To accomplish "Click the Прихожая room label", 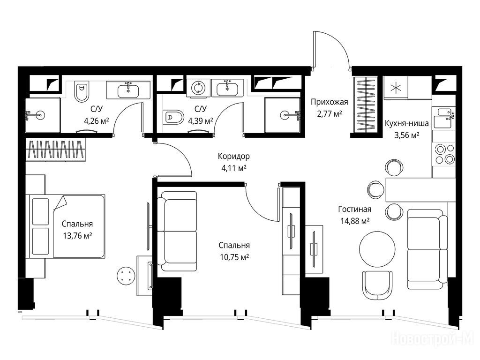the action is [x=330, y=102].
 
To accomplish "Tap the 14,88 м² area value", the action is [x=355, y=221].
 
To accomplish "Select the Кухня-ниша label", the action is [x=406, y=123].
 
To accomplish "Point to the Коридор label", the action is [x=234, y=156].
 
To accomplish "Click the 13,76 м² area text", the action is [x=77, y=236].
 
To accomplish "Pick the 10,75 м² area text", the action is [x=234, y=257].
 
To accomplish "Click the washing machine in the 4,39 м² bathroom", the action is [x=198, y=88].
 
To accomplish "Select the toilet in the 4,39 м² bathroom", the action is [x=173, y=117].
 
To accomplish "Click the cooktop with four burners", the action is [x=444, y=154].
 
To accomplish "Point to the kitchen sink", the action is [x=444, y=117].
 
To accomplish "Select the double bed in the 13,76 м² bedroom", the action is [x=67, y=226].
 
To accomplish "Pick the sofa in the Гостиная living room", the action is [x=427, y=249].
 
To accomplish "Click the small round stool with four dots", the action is [x=126, y=275].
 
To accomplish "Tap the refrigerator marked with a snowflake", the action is [x=396, y=88].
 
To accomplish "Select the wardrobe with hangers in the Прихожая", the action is [x=366, y=105].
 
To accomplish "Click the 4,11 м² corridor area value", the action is [x=234, y=168].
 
